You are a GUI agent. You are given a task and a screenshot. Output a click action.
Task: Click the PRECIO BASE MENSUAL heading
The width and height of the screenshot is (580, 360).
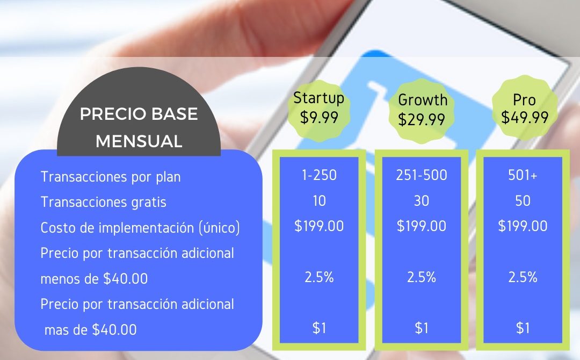139,127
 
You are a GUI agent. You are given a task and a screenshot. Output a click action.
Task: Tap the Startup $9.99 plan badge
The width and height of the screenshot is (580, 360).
319,110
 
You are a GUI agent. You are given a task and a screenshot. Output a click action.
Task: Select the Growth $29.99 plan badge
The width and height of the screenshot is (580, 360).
422,111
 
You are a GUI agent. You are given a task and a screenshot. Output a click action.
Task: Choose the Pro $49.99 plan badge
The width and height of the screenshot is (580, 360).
525,109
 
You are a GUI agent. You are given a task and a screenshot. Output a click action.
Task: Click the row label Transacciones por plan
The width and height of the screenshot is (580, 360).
111,176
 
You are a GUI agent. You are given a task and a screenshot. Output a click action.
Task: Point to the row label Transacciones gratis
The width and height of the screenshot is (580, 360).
103,202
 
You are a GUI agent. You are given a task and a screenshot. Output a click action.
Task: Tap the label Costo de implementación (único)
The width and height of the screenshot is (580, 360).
140,227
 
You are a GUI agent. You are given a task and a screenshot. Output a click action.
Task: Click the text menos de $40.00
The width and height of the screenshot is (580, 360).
94,279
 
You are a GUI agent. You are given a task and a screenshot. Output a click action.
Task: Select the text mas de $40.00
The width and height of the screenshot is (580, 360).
90,330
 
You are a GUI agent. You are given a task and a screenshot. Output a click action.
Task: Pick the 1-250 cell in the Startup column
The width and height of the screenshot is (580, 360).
319,175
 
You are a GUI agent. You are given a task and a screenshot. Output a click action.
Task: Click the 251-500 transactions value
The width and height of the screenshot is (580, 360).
422,175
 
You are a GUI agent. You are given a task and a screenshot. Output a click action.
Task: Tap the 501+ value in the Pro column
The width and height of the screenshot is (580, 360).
523,175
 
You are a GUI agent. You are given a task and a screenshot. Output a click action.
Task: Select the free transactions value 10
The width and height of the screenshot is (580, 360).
319,201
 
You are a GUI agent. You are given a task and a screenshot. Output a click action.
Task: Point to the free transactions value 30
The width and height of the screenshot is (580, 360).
422,201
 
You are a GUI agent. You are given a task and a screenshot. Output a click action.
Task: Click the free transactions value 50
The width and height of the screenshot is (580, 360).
523,201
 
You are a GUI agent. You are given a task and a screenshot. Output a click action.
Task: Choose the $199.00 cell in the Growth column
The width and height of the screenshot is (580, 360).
422,226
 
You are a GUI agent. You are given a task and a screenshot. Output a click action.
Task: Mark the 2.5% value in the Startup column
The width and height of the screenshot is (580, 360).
319,277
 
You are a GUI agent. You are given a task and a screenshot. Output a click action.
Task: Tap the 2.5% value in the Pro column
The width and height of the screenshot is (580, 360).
523,277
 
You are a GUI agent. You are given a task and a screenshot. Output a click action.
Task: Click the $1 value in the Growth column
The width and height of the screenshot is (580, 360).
422,328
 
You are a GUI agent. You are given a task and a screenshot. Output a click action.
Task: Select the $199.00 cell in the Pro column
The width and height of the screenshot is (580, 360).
523,226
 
